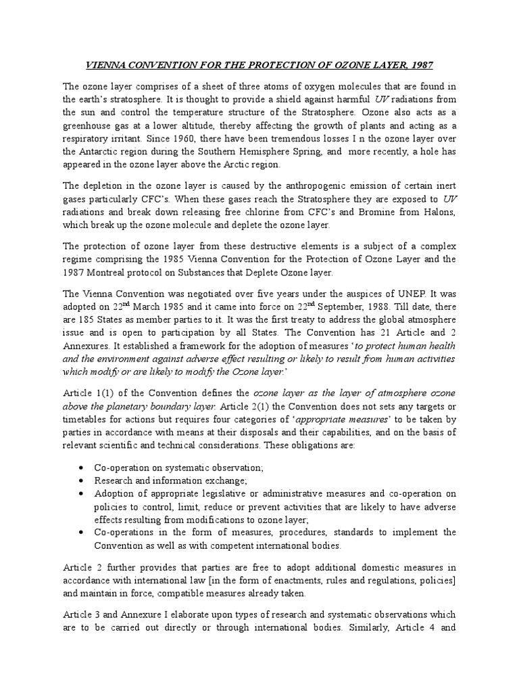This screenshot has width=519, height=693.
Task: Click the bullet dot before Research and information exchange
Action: click(x=81, y=480)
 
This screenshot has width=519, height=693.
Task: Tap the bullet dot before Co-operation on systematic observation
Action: click(x=81, y=467)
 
